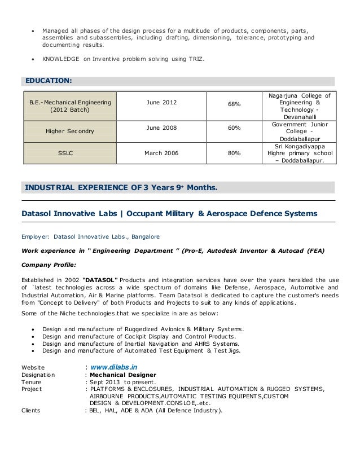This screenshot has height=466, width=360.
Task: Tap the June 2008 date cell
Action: coord(161,128)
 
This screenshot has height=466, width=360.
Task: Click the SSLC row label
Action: coord(69,153)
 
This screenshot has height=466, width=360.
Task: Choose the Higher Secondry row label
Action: coord(69,131)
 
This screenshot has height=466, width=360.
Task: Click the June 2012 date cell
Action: coord(161,102)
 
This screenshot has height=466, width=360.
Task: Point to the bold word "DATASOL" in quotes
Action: coord(100,279)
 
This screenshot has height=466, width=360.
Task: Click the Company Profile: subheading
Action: coord(49,264)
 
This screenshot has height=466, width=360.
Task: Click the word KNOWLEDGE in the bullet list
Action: coord(60,59)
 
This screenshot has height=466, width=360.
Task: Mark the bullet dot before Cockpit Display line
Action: coord(34,336)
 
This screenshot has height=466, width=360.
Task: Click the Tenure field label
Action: coord(32,381)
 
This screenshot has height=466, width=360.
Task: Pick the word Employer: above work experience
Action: coord(36,236)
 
